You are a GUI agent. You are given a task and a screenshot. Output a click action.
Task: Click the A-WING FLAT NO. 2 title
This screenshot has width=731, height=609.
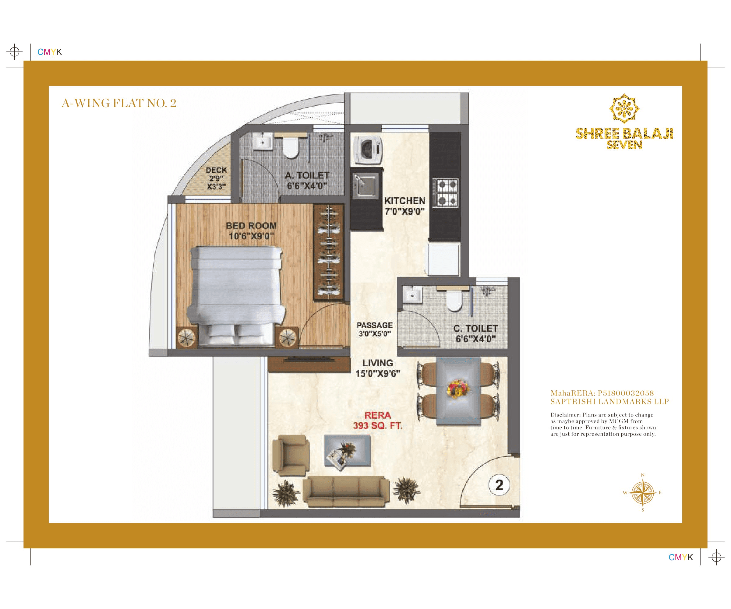pos(119,103)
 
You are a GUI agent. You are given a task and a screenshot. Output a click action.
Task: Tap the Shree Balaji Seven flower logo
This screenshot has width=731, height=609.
pos(624,109)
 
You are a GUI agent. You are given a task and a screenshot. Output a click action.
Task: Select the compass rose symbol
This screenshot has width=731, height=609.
pos(643,492)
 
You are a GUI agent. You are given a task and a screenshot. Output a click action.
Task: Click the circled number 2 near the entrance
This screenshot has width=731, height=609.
pos(499,485)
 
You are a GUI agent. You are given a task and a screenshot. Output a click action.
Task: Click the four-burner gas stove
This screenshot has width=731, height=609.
pos(446,192)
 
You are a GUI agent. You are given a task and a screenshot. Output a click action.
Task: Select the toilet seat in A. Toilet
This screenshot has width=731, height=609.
pos(290,148)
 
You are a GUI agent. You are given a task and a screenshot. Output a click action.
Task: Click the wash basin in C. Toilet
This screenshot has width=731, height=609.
pos(412,295)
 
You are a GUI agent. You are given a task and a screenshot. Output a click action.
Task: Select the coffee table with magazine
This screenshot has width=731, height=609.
pos(347,451)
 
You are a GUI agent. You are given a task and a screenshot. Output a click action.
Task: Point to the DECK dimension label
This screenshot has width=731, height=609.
pos(216,178)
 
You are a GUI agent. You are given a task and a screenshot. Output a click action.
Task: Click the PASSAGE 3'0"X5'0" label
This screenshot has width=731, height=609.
pos(375,329)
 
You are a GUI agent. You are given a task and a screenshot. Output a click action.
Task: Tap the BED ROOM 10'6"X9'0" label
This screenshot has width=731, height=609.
pos(251,231)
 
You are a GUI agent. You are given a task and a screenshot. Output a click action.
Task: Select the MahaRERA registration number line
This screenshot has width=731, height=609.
pos(602,393)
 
